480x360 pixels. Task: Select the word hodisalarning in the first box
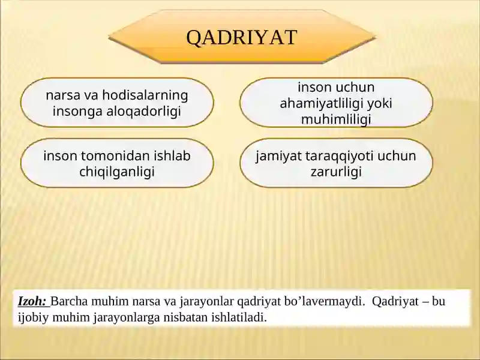pyautogui.click(x=145, y=95)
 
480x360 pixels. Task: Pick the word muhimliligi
pyautogui.click(x=336, y=119)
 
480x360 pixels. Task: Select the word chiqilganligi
pyautogui.click(x=117, y=172)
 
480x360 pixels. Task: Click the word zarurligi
pyautogui.click(x=336, y=172)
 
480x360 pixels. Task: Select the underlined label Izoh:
pyautogui.click(x=32, y=301)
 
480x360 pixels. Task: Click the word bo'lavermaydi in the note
pyautogui.click(x=328, y=301)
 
